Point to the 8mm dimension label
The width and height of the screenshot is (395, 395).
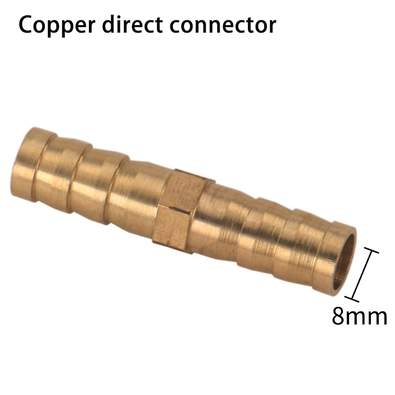click(359, 316)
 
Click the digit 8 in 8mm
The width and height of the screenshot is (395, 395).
click(339, 316)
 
